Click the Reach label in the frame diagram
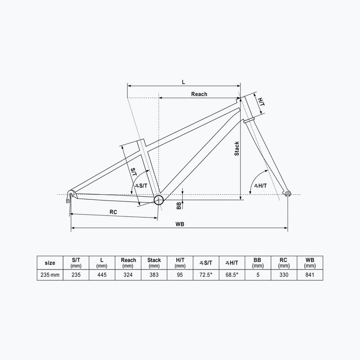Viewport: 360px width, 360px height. click(199, 94)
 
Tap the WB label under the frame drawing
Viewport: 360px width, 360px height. click(180, 224)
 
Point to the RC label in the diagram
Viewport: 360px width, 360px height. click(113, 212)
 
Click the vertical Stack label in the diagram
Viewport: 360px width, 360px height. click(237, 149)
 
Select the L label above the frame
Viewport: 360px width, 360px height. click(184, 82)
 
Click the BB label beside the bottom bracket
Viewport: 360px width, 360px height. click(179, 206)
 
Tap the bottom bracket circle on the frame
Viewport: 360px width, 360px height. click(158, 200)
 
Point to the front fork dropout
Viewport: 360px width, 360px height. click(287, 193)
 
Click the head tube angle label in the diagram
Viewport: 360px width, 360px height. click(261, 186)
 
